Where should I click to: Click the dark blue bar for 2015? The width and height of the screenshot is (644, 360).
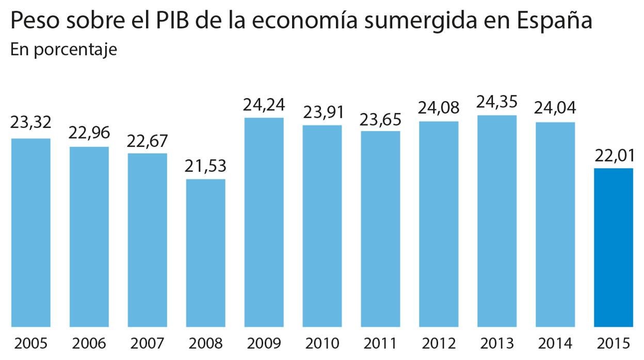click(x=614, y=248)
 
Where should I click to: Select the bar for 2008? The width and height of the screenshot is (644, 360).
click(x=205, y=253)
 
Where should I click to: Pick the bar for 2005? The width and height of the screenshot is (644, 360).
click(x=31, y=232)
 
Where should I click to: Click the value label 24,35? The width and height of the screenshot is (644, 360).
click(x=497, y=102)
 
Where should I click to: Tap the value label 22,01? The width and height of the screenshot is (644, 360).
click(x=614, y=155)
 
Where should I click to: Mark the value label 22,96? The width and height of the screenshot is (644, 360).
click(x=89, y=133)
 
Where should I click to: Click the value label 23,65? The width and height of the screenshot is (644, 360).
click(x=380, y=118)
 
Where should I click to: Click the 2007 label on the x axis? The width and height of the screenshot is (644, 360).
click(x=148, y=343)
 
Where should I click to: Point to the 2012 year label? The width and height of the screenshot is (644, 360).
click(x=439, y=343)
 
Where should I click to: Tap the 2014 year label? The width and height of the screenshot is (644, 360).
click(x=555, y=343)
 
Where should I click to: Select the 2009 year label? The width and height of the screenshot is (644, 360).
click(x=264, y=343)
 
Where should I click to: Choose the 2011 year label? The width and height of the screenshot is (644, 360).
click(x=380, y=343)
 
